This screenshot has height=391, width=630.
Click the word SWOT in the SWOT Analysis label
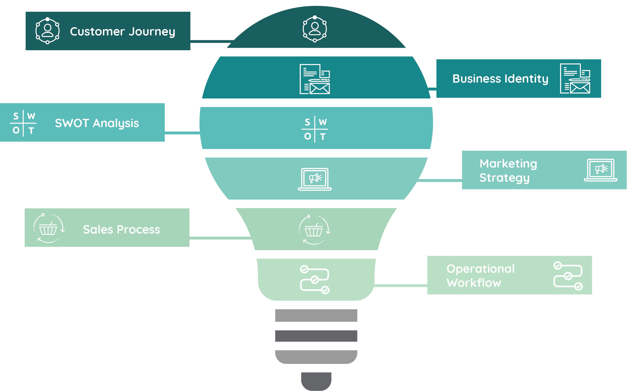(72, 123)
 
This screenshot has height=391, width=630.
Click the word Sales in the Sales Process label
(98, 230)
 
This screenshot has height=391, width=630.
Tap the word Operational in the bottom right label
(480, 269)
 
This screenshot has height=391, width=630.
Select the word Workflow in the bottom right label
(474, 283)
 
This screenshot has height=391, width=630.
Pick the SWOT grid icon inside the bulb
(315, 129)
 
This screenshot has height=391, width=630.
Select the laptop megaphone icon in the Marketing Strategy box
(601, 170)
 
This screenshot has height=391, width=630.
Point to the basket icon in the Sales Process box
(48, 228)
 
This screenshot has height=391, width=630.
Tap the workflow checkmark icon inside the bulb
(315, 280)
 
